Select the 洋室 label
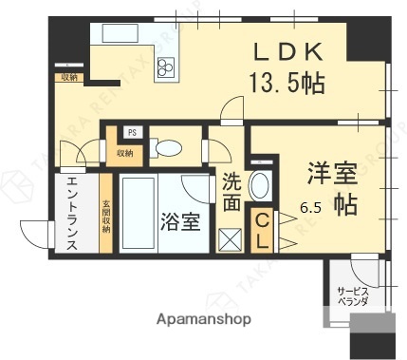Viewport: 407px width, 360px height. pyautogui.click(x=331, y=173)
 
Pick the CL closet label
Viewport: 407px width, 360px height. pyautogui.click(x=259, y=231)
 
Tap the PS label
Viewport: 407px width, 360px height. pyautogui.click(x=132, y=133)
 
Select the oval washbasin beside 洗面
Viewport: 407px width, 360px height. pyautogui.click(x=258, y=186)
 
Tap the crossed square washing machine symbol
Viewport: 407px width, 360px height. pyautogui.click(x=231, y=239)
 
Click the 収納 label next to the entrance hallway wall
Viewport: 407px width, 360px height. pyautogui.click(x=69, y=77)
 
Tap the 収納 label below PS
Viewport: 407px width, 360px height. pyautogui.click(x=125, y=151)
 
